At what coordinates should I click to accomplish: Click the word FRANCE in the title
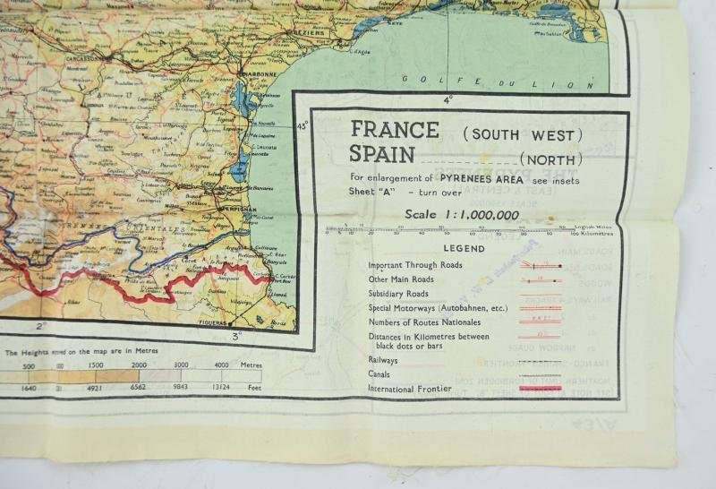click(x=395, y=130)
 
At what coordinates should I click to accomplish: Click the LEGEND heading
click(x=463, y=248)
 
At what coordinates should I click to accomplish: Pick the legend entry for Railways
click(x=383, y=359)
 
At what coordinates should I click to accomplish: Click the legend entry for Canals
click(x=381, y=374)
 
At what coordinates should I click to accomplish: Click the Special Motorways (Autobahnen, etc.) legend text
click(x=433, y=307)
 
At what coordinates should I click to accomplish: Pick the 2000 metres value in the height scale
click(x=140, y=365)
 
